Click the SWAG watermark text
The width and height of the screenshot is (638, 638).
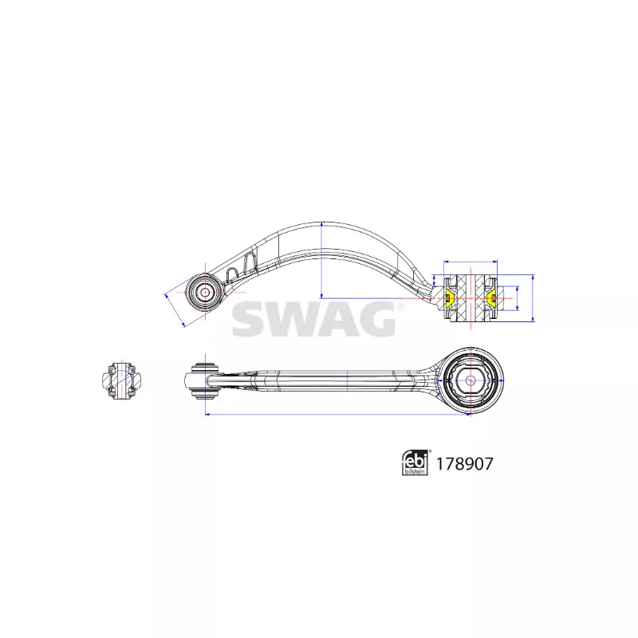(x=313, y=319)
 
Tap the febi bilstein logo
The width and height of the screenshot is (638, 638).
(x=415, y=463)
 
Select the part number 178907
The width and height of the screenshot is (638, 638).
(x=464, y=463)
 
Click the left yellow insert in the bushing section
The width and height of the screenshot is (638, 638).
(x=450, y=298)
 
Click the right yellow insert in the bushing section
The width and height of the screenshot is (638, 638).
(x=491, y=298)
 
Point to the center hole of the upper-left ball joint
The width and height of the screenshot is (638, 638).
(x=206, y=292)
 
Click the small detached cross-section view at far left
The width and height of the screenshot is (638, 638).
(x=121, y=380)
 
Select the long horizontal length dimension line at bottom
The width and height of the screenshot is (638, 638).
(x=337, y=415)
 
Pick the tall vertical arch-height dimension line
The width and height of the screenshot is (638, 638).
(x=321, y=260)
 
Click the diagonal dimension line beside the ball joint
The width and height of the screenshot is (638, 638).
(x=175, y=310)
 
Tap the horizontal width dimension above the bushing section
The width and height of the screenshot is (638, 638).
(x=471, y=262)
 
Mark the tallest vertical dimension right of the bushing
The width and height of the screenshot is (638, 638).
(x=533, y=298)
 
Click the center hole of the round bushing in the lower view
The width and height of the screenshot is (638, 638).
(x=471, y=381)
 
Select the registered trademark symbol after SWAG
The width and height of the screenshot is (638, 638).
(x=400, y=307)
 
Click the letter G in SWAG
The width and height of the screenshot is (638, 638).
(x=375, y=319)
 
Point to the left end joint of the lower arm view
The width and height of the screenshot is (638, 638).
(x=205, y=380)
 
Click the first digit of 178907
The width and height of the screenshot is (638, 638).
(x=439, y=463)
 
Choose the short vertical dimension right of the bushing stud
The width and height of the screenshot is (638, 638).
(x=517, y=298)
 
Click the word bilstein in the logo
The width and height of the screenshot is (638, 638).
(x=415, y=471)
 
